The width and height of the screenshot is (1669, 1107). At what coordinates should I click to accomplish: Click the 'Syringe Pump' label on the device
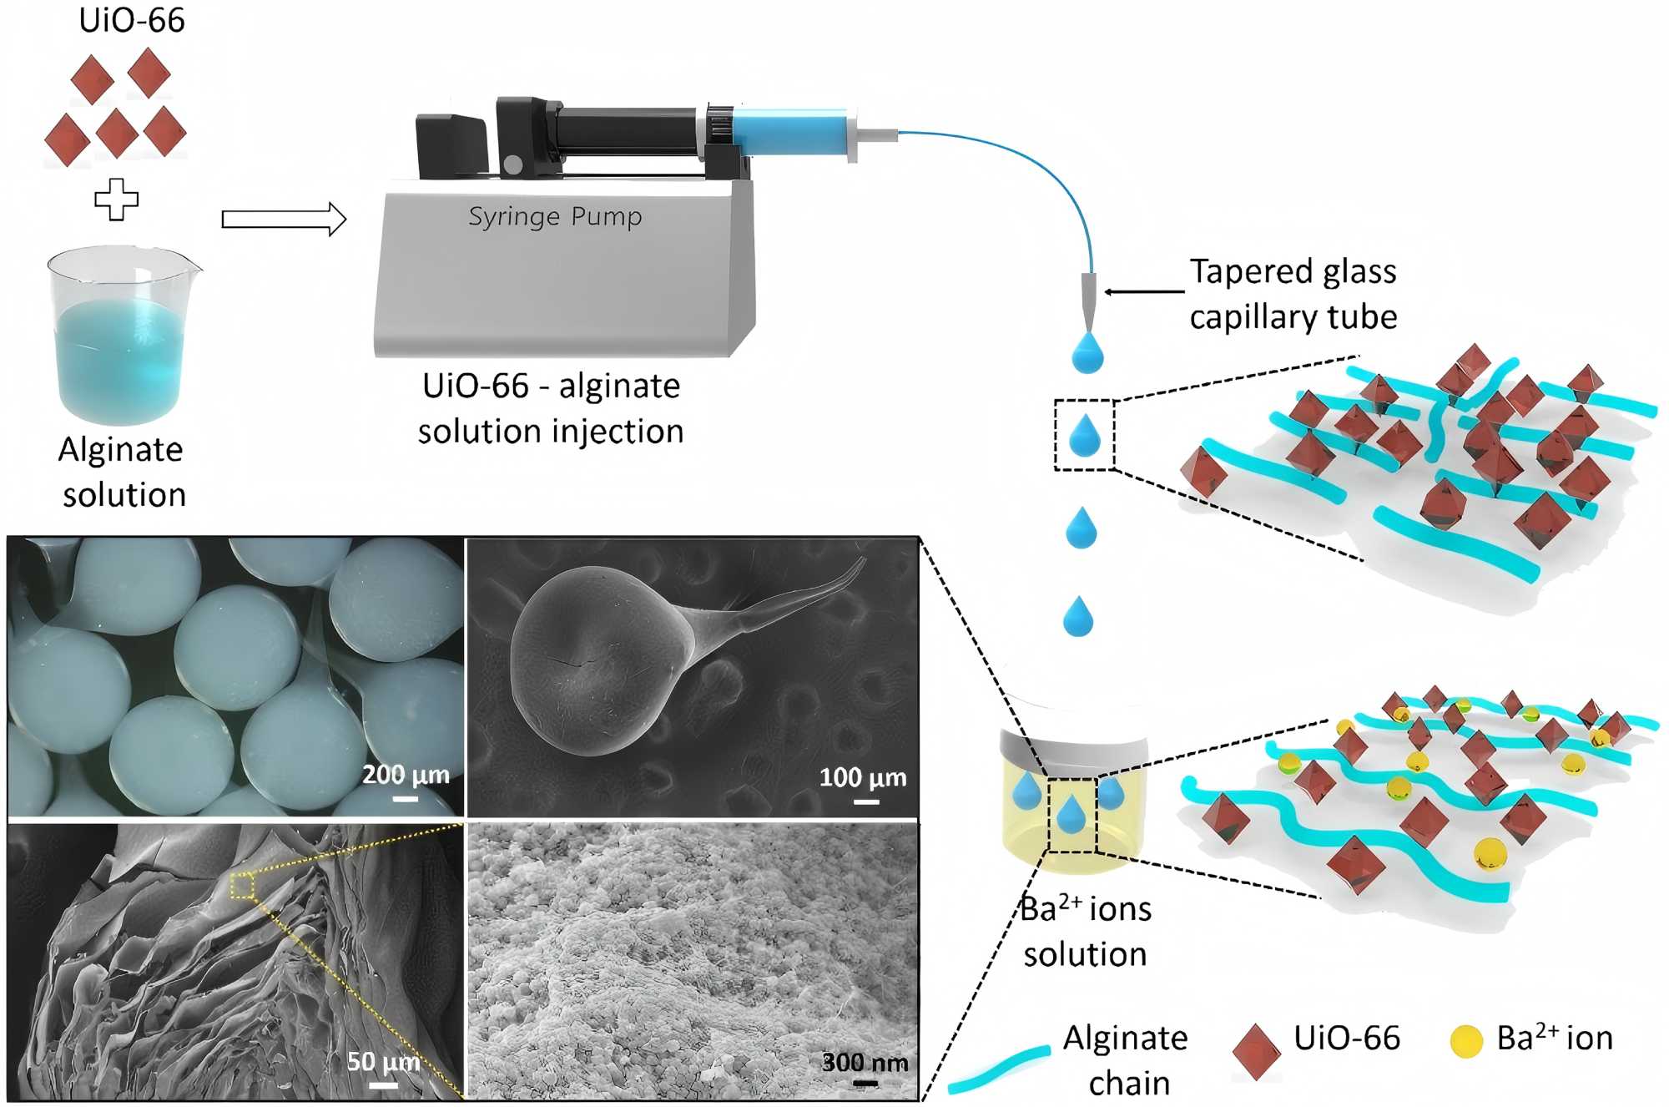tap(555, 216)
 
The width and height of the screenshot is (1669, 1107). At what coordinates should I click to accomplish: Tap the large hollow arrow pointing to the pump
tap(284, 220)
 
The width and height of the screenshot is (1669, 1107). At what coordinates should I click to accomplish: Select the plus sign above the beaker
tap(116, 200)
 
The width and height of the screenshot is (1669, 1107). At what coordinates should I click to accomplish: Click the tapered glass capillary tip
tap(1088, 301)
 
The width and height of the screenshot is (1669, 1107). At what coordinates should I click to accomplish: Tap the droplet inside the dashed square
tap(1085, 436)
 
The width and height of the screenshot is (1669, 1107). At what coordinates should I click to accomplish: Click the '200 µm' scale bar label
tap(406, 775)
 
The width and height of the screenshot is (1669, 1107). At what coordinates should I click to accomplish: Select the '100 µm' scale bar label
tap(862, 778)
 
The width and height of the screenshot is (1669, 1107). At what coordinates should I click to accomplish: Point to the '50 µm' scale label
tap(383, 1061)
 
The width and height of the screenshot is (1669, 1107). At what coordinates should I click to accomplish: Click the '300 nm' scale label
tap(865, 1062)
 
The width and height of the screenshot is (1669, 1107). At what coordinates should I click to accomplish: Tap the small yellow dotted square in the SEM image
tap(242, 885)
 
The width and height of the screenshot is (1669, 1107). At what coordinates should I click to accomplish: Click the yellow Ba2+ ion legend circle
tap(1466, 1040)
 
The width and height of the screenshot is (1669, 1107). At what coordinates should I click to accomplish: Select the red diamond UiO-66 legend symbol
tap(1256, 1051)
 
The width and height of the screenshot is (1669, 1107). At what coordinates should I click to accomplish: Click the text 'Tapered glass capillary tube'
tap(1293, 294)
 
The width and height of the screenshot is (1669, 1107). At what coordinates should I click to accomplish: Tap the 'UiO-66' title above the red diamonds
tap(131, 20)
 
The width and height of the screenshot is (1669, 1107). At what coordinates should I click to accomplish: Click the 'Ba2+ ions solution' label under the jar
tap(1085, 931)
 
